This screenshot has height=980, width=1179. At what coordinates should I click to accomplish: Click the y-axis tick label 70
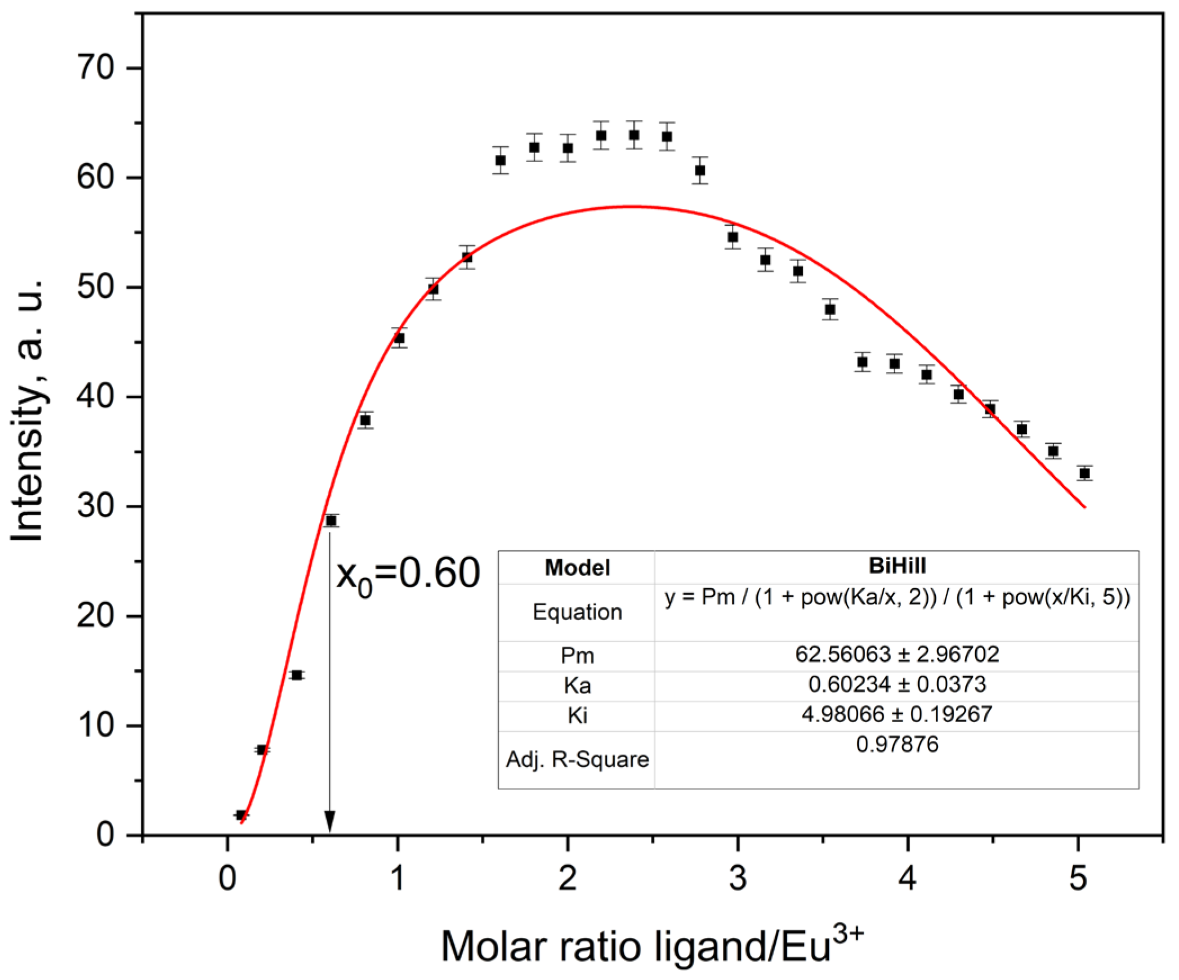(95, 68)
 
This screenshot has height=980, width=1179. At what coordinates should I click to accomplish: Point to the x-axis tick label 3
(737, 878)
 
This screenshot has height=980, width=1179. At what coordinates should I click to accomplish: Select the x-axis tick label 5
(1077, 878)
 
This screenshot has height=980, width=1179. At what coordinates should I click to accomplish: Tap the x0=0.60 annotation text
(408, 574)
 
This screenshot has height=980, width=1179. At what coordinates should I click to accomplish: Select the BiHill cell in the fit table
(896, 566)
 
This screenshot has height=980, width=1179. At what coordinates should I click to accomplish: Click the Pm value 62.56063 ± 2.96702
(896, 655)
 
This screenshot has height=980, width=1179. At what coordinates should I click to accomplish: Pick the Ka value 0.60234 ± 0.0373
(896, 684)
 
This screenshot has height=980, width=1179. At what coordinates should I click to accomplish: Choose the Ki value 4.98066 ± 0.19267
(896, 714)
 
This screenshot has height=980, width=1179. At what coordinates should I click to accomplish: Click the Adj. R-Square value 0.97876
(896, 745)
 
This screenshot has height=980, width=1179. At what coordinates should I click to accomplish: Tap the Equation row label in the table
(577, 612)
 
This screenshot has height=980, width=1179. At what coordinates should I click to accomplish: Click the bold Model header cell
(577, 567)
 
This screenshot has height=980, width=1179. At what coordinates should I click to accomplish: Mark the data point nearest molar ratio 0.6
(331, 521)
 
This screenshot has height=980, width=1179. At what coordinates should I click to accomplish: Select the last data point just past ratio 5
(1084, 473)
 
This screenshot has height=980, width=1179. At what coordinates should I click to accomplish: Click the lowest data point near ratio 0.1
(241, 815)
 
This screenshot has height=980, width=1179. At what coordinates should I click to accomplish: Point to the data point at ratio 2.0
(568, 148)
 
